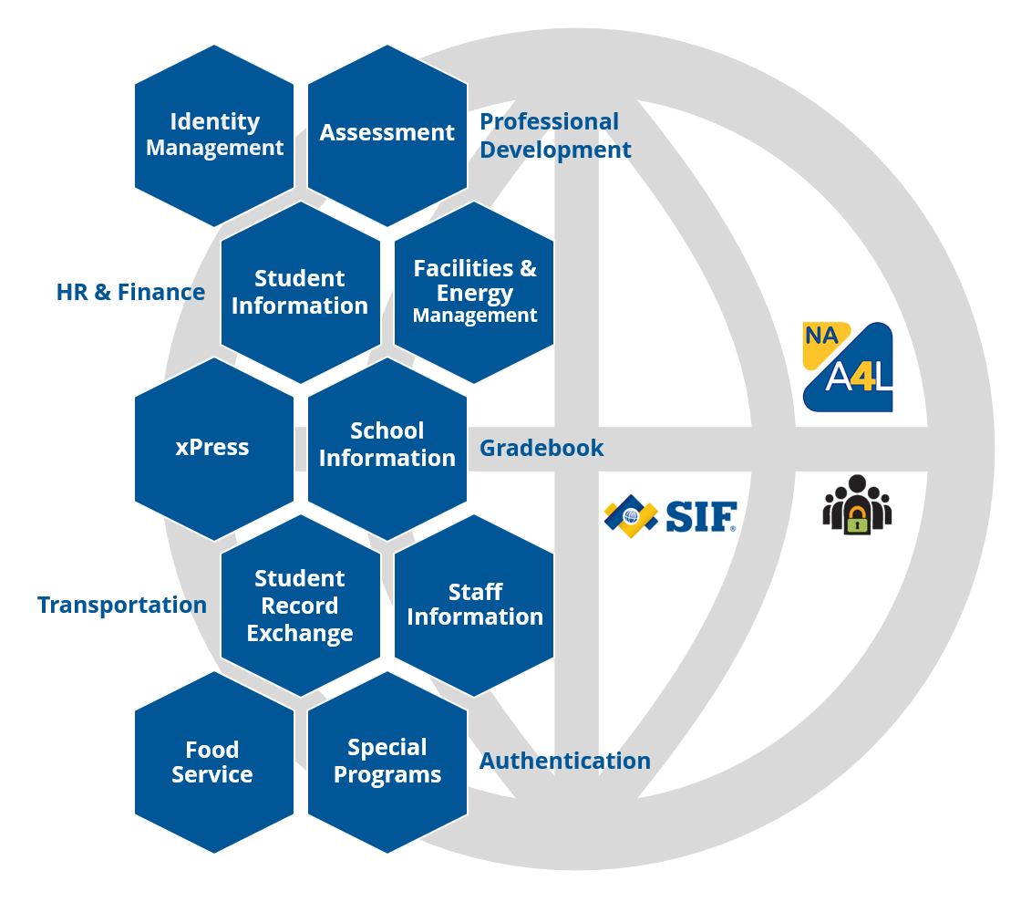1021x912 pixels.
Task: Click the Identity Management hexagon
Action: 214,135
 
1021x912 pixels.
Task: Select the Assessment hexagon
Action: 387,135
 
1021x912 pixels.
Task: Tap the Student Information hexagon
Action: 301,293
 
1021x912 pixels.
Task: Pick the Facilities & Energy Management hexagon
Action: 474,293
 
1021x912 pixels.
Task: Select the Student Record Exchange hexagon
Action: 301,606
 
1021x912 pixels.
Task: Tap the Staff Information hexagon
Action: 474,606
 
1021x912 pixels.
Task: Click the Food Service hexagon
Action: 214,762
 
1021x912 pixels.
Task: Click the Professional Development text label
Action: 554,136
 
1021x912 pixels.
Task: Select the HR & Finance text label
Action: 130,293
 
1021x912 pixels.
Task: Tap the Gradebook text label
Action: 541,449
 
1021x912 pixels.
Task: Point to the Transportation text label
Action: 122,606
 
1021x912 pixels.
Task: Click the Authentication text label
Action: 565,762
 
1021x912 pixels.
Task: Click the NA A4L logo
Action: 848,367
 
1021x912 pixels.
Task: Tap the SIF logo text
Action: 699,517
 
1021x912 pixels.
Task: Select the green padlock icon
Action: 857,520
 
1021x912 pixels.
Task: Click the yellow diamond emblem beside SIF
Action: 631,516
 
